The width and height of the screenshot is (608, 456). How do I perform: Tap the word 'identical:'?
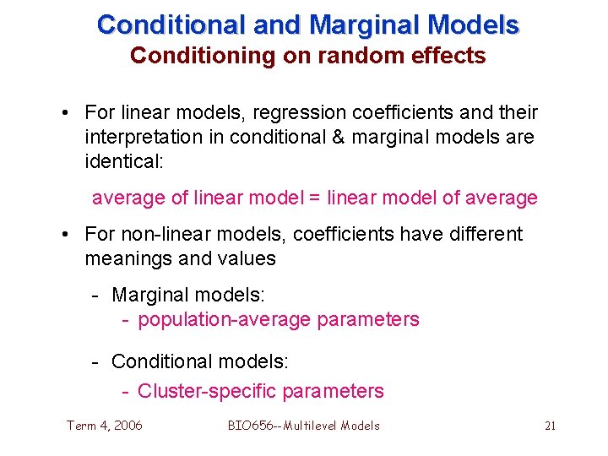(x=122, y=160)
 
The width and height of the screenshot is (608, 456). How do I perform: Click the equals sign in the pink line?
(x=314, y=198)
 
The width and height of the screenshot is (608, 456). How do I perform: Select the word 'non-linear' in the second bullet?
(x=158, y=234)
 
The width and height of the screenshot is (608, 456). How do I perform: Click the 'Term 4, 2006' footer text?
(x=105, y=426)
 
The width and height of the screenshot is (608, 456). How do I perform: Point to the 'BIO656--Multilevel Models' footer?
(x=303, y=426)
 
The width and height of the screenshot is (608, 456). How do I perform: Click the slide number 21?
(x=550, y=426)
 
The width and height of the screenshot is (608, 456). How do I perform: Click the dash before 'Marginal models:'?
(x=97, y=295)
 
